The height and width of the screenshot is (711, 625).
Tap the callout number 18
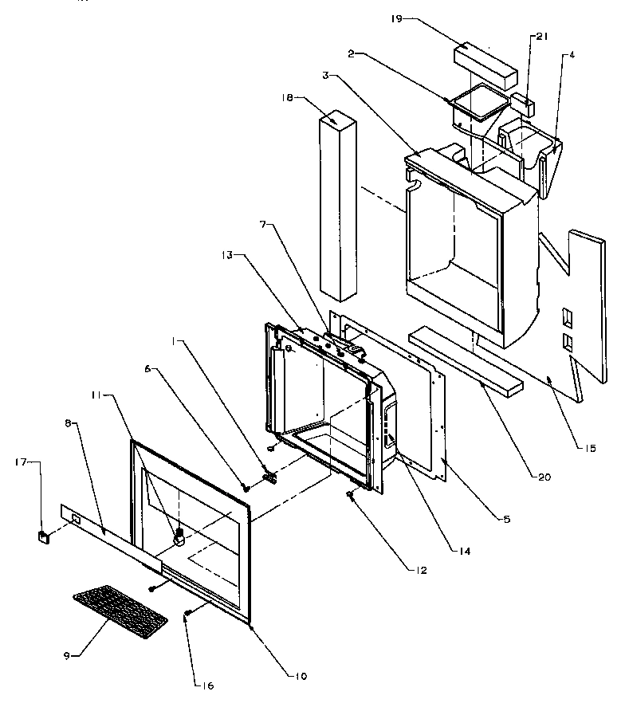(x=289, y=97)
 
